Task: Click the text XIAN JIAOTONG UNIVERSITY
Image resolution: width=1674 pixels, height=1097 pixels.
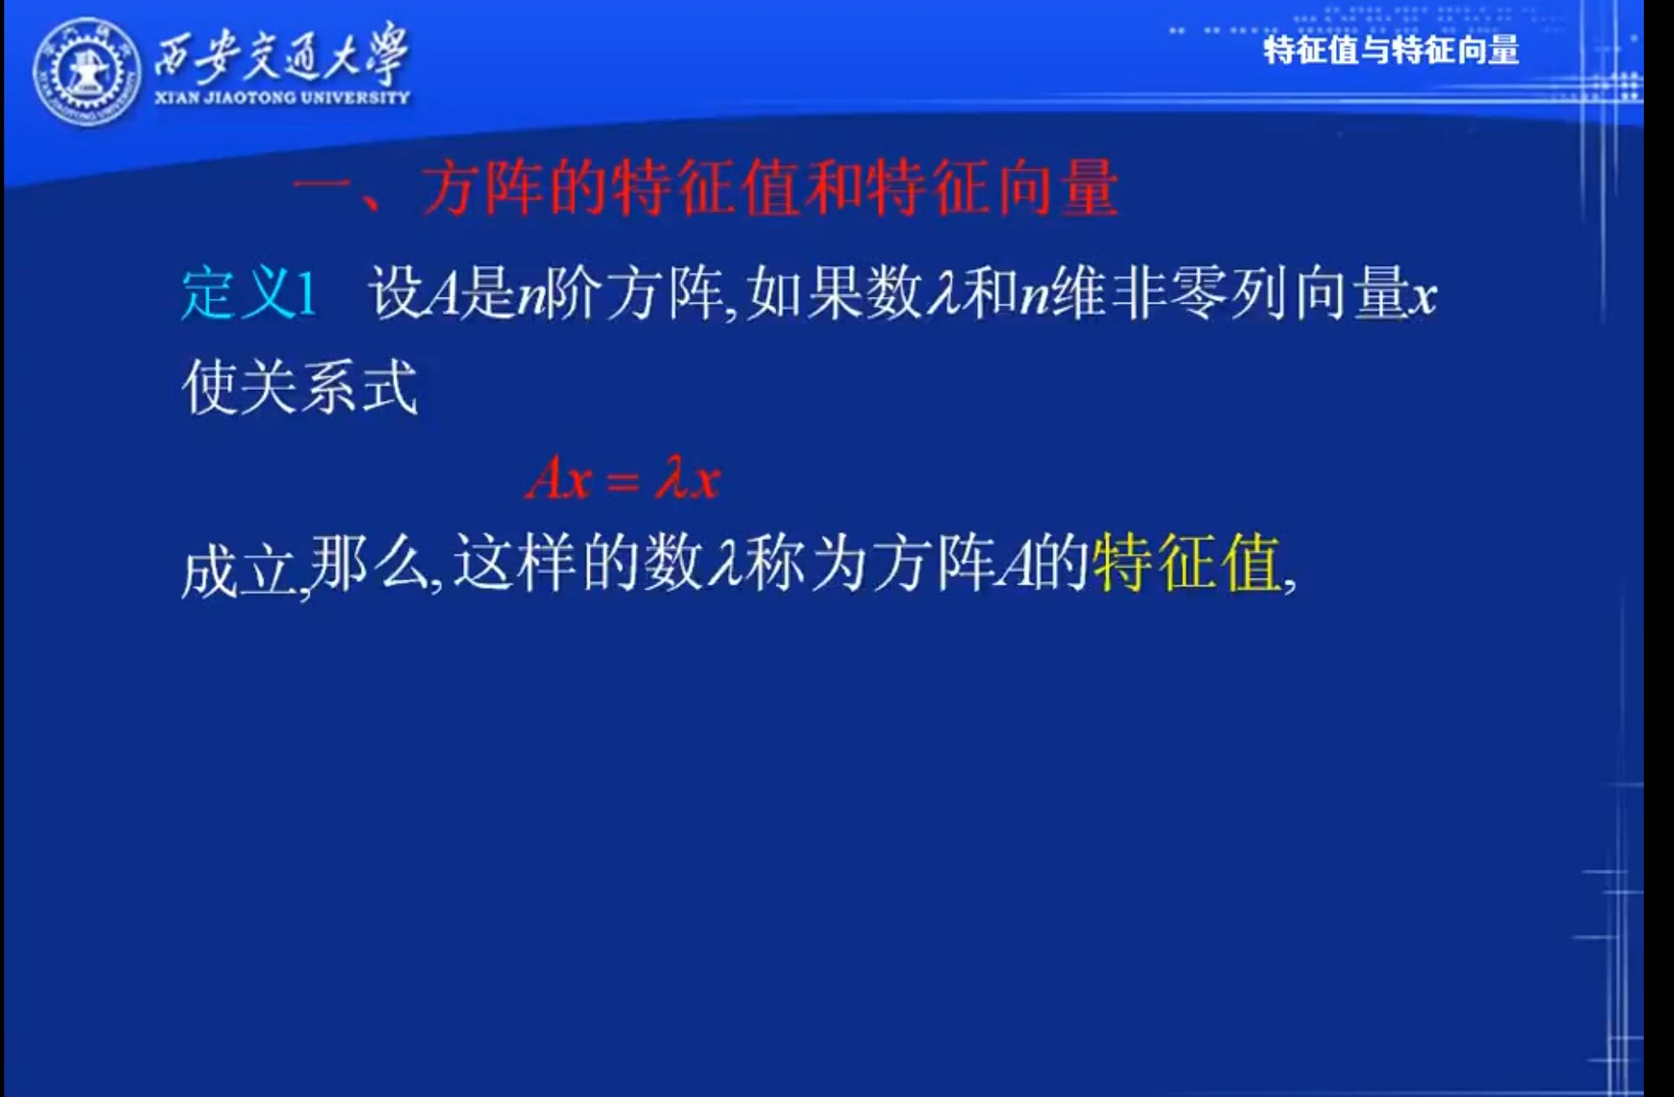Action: (282, 97)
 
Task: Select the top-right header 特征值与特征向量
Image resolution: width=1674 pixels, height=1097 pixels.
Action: (1391, 49)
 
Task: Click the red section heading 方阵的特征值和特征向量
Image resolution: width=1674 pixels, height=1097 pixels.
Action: (770, 188)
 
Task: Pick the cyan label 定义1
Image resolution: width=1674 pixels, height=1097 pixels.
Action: (249, 294)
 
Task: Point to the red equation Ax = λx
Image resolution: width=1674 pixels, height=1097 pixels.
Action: (623, 480)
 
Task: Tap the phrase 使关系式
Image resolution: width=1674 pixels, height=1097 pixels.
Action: (299, 387)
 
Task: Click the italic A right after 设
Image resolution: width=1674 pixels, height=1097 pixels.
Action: (443, 295)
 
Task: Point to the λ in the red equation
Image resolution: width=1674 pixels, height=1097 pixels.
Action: (672, 479)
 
